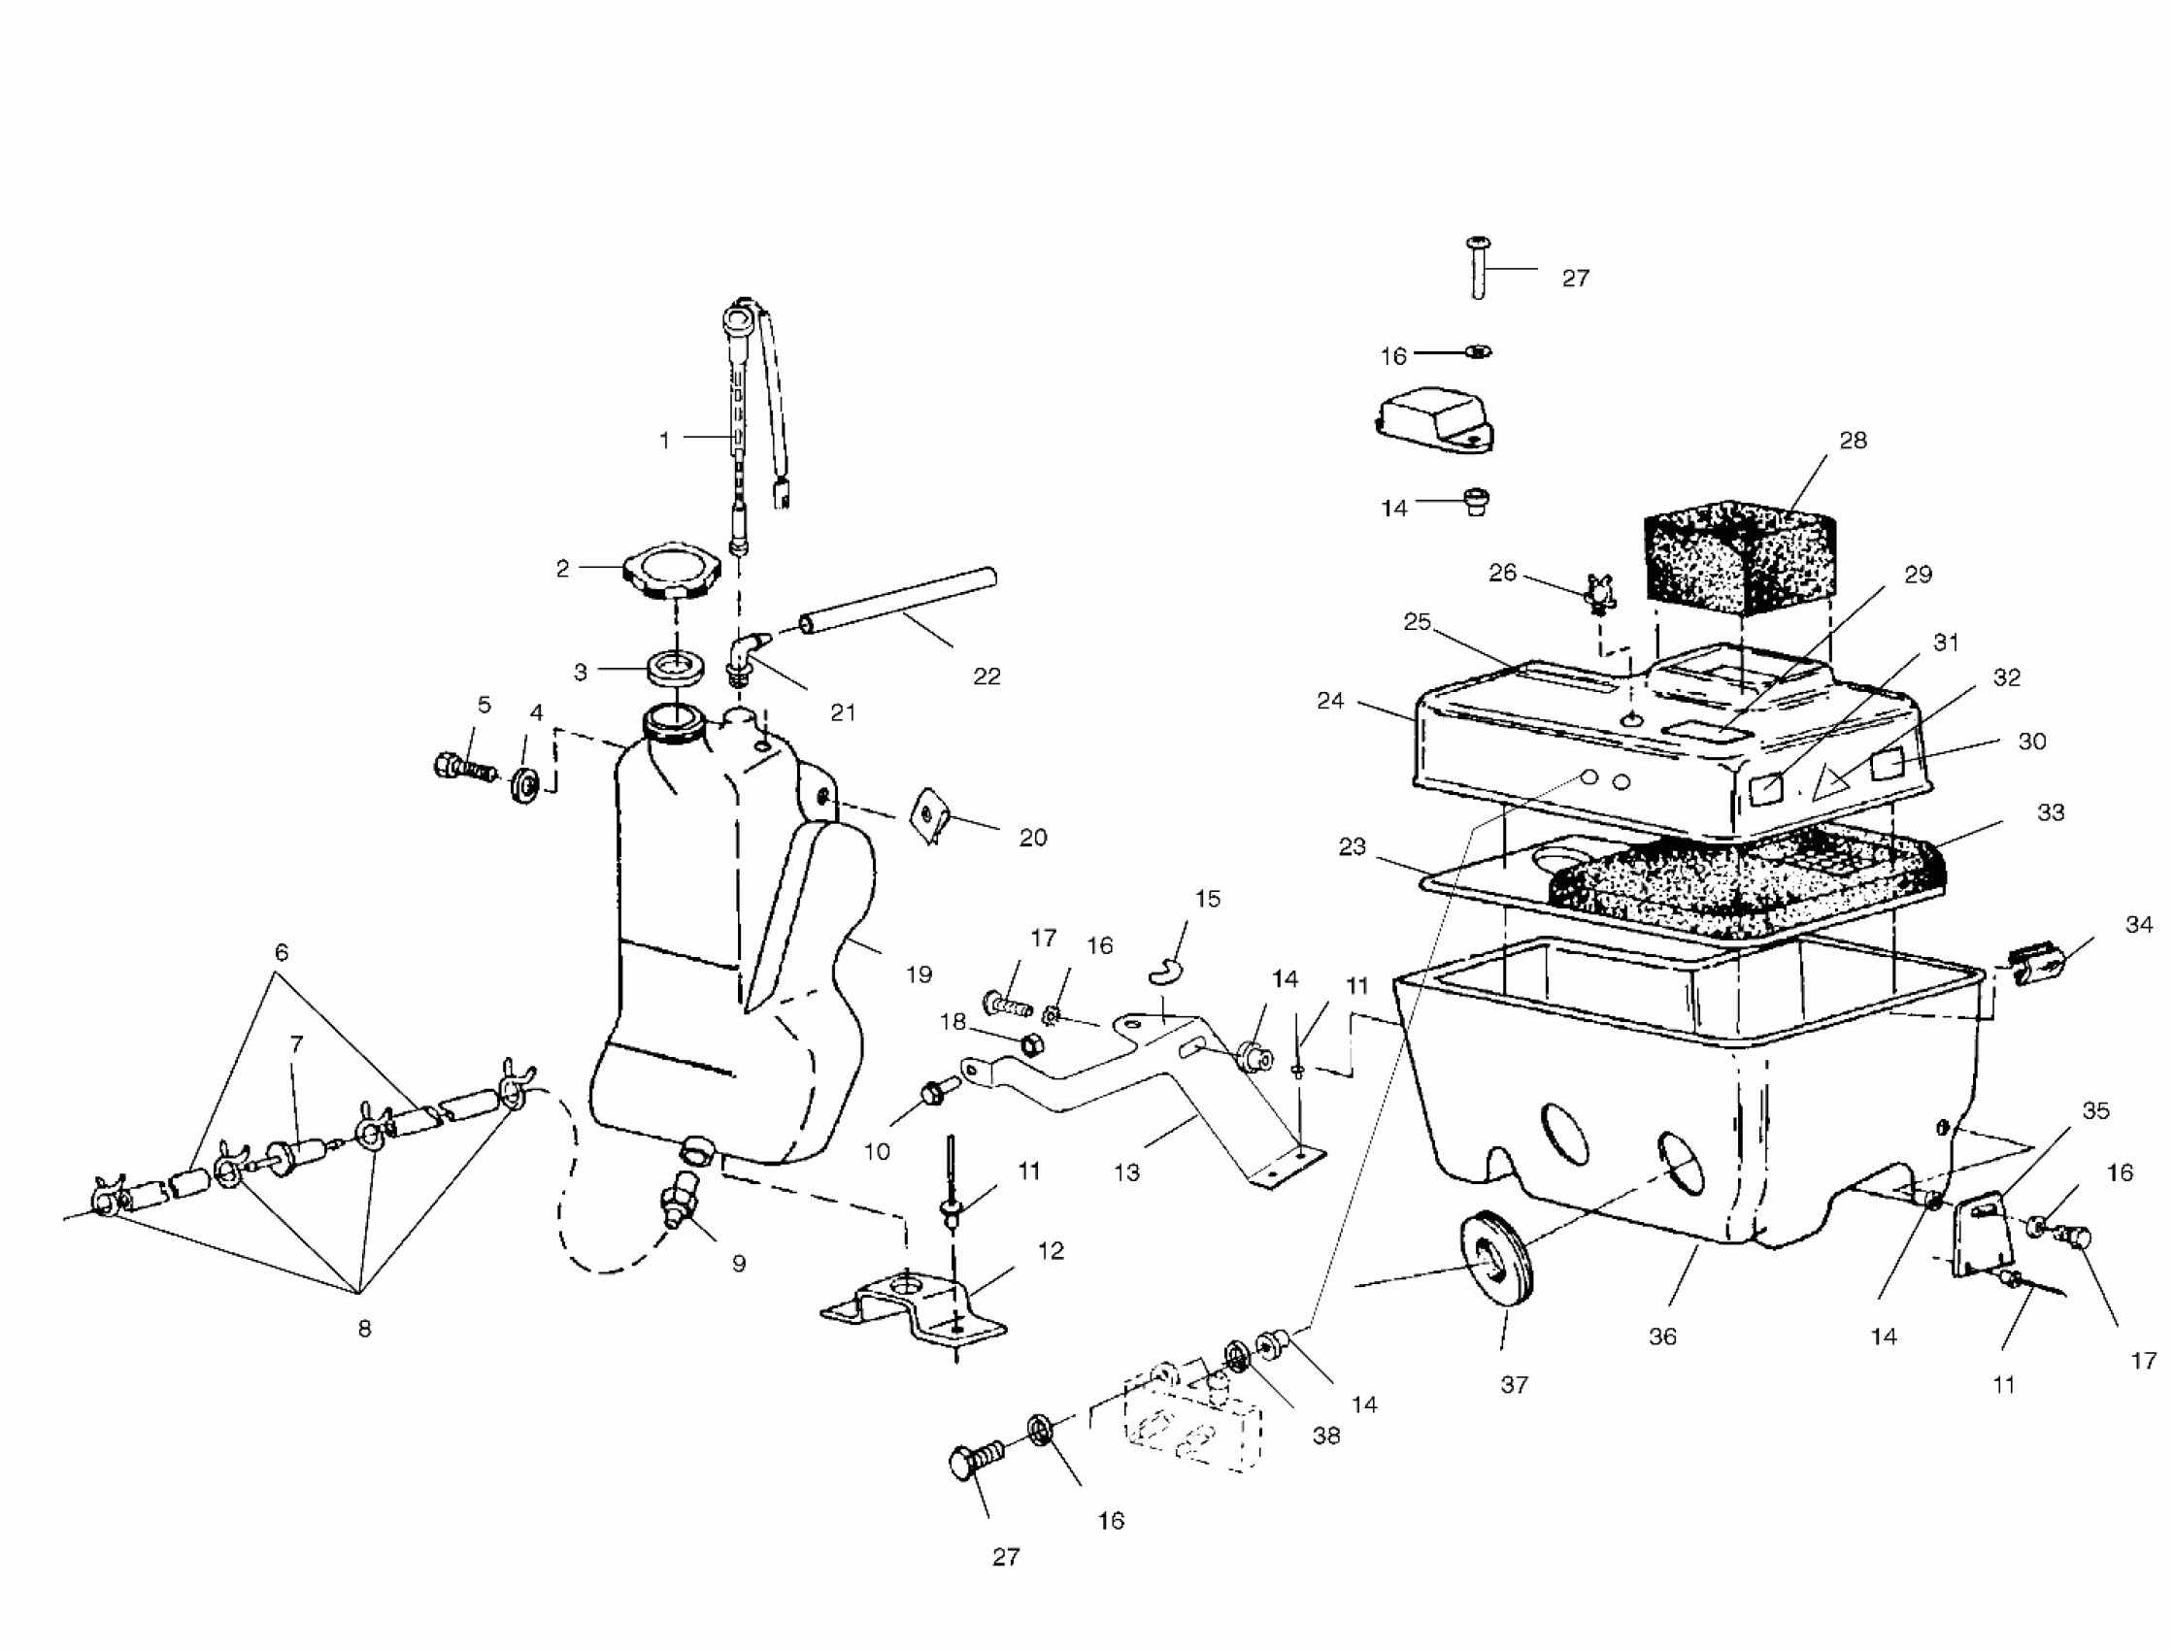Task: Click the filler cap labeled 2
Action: (x=671, y=570)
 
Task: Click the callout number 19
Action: (x=919, y=974)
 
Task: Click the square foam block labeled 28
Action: (x=1739, y=555)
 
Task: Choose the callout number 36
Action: (x=1662, y=1336)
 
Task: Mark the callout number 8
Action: (x=364, y=1329)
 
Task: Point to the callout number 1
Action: (x=665, y=440)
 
